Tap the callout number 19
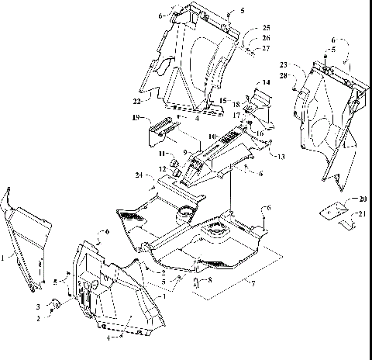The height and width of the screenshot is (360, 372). (x=137, y=119)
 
